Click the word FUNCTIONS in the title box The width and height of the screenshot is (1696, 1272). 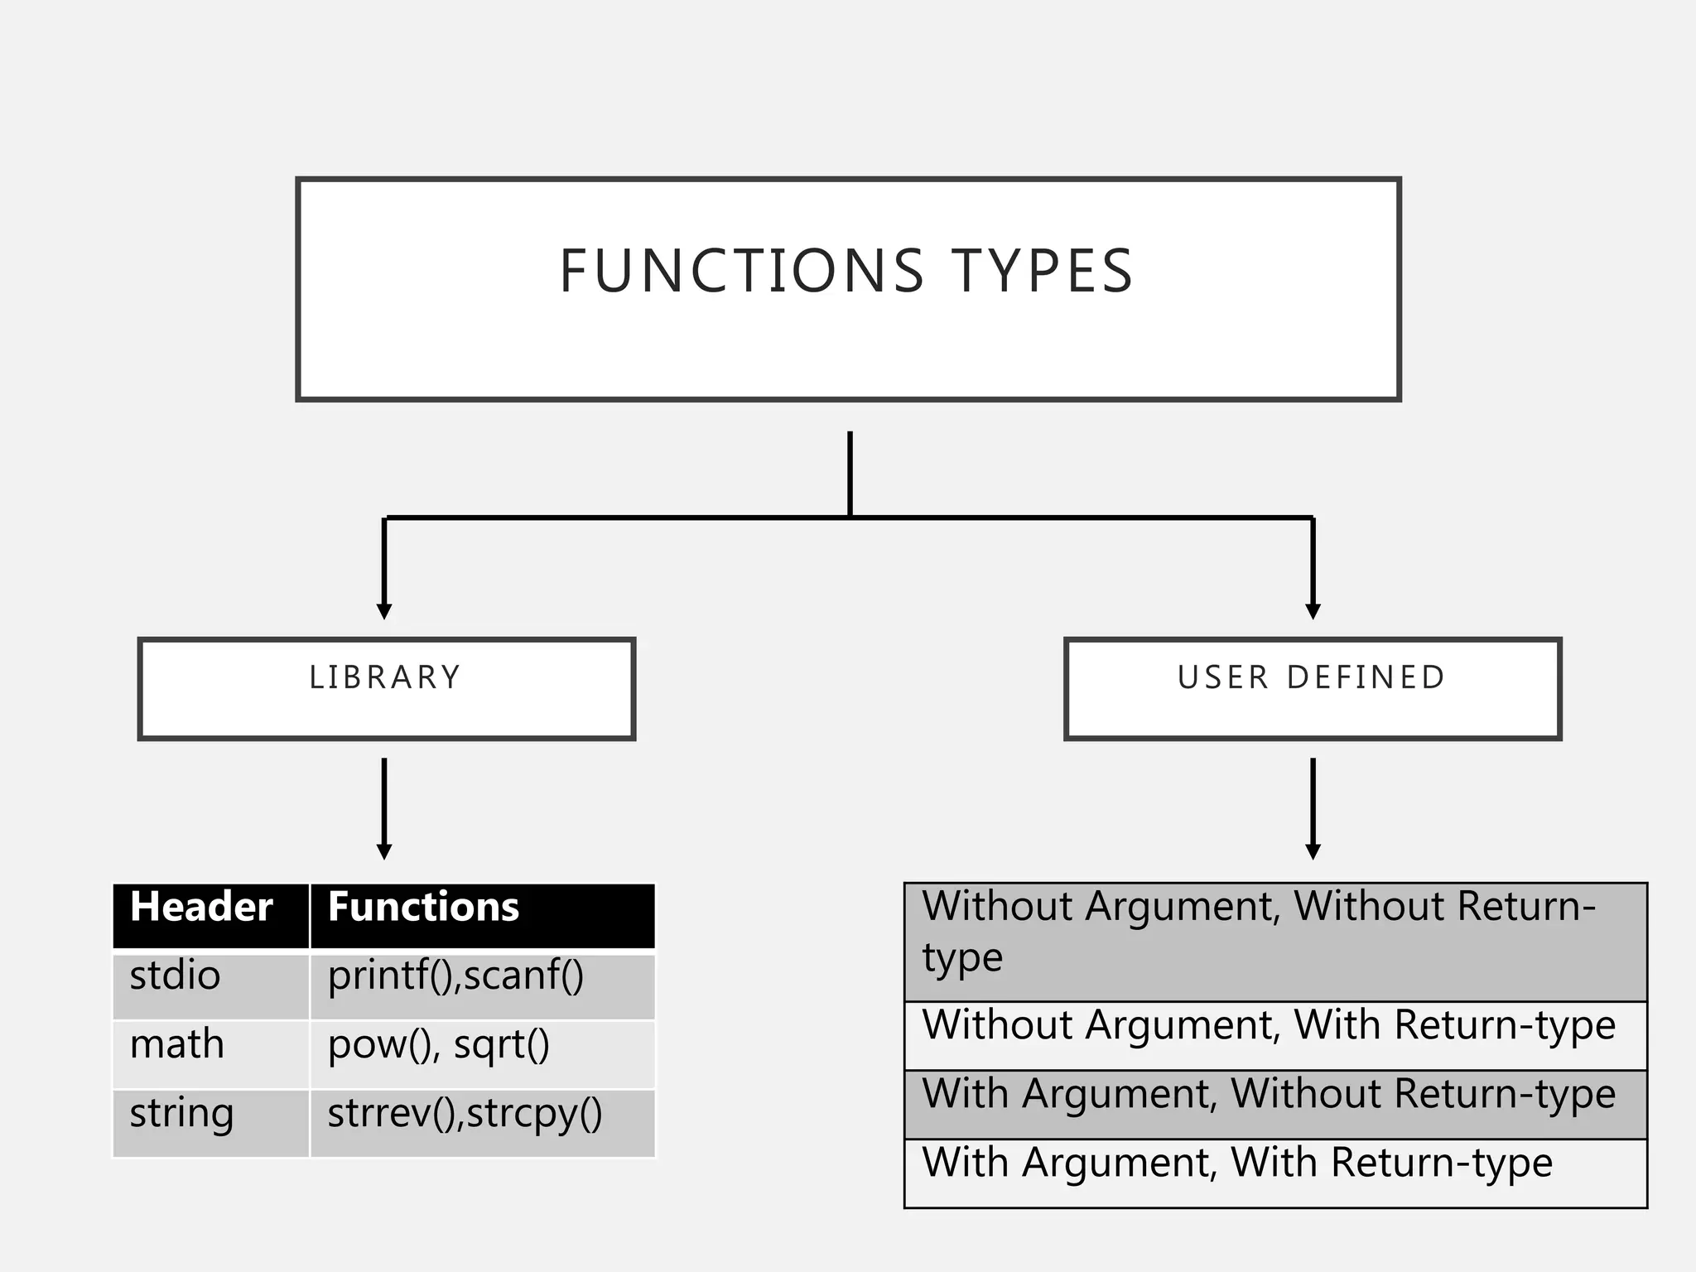click(x=741, y=271)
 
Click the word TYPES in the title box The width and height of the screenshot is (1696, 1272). click(x=1042, y=271)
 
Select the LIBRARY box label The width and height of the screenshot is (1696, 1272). click(x=385, y=677)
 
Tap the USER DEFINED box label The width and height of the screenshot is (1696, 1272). click(x=1312, y=677)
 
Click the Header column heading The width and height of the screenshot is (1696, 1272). click(x=201, y=907)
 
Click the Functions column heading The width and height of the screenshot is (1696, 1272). click(x=423, y=907)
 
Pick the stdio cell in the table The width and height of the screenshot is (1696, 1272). click(x=175, y=976)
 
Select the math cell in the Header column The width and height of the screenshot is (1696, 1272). click(x=176, y=1044)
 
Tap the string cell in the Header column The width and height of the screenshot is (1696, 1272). click(x=181, y=1114)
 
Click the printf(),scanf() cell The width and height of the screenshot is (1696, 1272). click(x=455, y=976)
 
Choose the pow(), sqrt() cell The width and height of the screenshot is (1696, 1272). click(x=438, y=1045)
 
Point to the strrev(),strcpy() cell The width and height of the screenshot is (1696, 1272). click(x=465, y=1114)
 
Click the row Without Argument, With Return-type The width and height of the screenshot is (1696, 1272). click(x=1268, y=1025)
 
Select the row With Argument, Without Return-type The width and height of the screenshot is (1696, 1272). click(x=1268, y=1094)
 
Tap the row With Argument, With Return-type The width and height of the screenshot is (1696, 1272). click(x=1236, y=1163)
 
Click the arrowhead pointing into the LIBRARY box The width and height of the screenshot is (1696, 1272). click(x=384, y=611)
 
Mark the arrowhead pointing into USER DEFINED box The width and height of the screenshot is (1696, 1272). click(x=1313, y=611)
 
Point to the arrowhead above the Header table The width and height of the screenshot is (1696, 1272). click(x=384, y=851)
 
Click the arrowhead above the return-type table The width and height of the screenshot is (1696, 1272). click(x=1313, y=851)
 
